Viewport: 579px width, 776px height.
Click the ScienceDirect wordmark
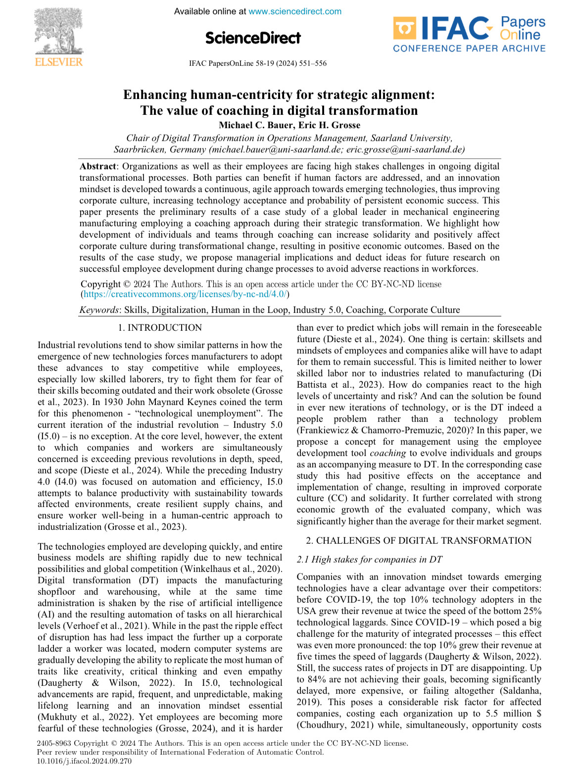(253, 38)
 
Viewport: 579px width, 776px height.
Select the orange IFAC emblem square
(404, 29)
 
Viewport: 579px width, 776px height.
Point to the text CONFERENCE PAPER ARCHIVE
(469, 49)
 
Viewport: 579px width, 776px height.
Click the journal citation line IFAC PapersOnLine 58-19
(257, 63)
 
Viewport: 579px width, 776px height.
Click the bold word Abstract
(98, 166)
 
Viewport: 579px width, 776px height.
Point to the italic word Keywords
(99, 310)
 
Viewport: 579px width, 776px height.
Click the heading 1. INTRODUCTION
(160, 328)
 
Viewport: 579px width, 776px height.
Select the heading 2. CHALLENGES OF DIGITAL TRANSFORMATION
(419, 541)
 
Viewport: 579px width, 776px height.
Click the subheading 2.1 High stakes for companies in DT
(369, 560)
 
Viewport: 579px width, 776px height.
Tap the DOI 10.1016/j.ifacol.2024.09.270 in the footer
(85, 761)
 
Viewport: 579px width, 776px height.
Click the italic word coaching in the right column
(387, 453)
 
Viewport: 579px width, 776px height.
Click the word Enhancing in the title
(155, 95)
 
